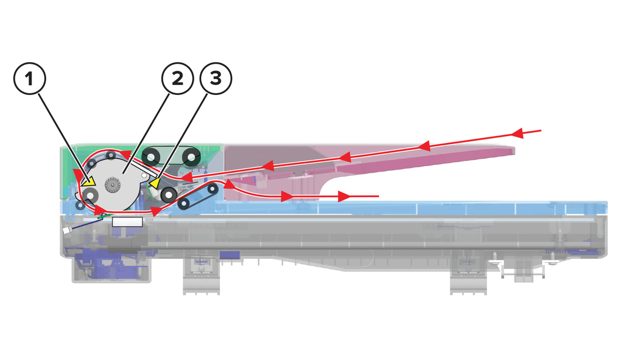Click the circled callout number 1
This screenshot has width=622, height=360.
(30, 79)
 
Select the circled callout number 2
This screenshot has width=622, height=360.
(178, 79)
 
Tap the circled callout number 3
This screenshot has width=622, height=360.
(216, 79)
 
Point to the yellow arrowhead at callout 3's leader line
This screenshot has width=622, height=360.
(155, 183)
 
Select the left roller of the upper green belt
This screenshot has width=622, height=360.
(151, 158)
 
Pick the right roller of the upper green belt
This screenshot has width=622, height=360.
(191, 158)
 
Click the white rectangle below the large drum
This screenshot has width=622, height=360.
(127, 222)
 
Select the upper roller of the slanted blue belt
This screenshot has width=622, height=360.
(213, 188)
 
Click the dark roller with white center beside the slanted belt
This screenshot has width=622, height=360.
(169, 194)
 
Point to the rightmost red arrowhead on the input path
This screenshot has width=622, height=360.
(517, 133)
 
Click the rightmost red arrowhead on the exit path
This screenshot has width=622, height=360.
(344, 196)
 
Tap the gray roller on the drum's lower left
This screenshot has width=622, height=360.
(90, 196)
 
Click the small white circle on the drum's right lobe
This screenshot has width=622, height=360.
(144, 175)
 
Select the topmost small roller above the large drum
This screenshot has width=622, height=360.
(111, 155)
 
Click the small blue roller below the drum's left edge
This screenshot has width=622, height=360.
(80, 205)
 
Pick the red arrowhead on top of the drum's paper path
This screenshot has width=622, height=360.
(126, 154)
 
